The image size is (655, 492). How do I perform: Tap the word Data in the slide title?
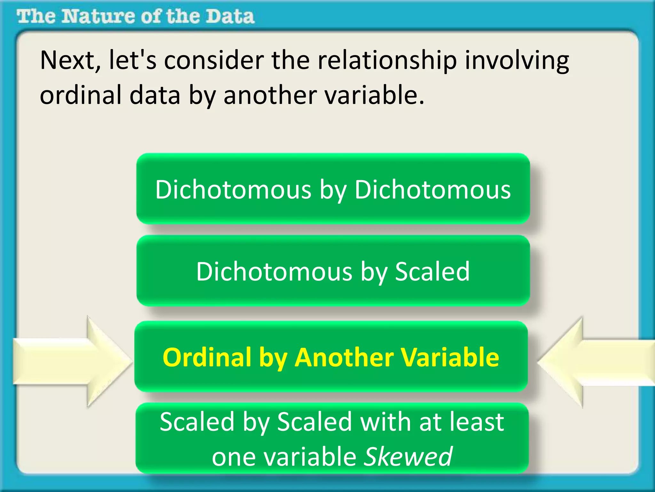pyautogui.click(x=230, y=17)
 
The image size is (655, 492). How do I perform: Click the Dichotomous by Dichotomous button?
pyautogui.click(x=333, y=189)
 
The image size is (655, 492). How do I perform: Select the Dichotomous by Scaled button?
pyautogui.click(x=333, y=271)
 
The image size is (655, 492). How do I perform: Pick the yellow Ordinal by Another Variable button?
pyautogui.click(x=331, y=357)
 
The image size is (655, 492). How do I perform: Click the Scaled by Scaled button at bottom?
pyautogui.click(x=332, y=438)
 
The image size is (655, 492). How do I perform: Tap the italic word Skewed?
pyautogui.click(x=408, y=456)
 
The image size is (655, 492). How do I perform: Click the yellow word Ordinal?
pyautogui.click(x=207, y=357)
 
